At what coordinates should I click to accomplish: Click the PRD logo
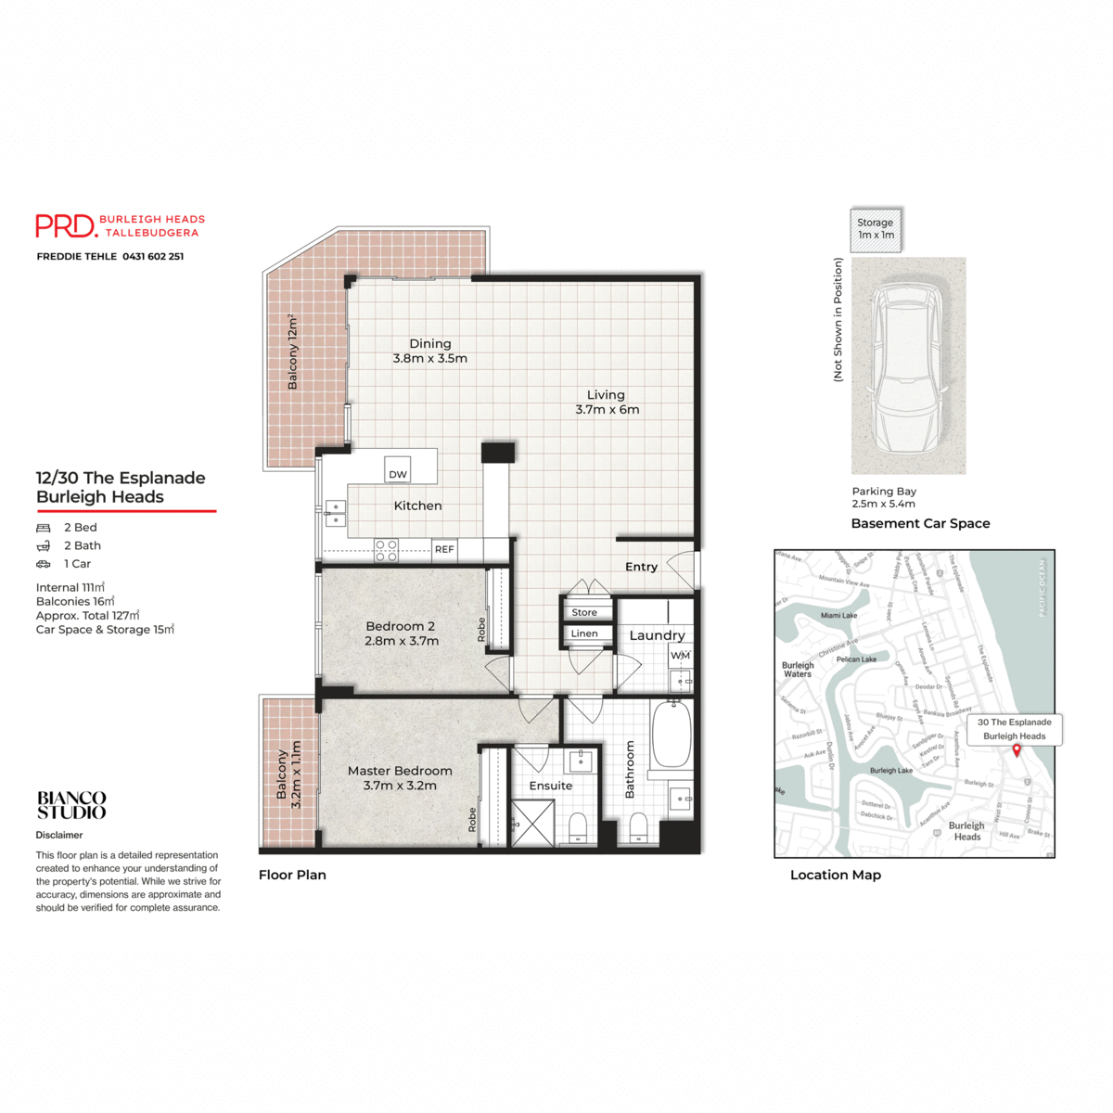pyautogui.click(x=66, y=225)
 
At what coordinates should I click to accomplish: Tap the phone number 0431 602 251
pyautogui.click(x=153, y=257)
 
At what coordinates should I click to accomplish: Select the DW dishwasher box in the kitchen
pyautogui.click(x=398, y=471)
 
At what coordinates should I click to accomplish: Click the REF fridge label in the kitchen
pyautogui.click(x=444, y=549)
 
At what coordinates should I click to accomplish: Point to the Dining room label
pyautogui.click(x=429, y=344)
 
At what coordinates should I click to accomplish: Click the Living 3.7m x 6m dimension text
pyautogui.click(x=607, y=410)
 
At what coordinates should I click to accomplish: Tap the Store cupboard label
pyautogui.click(x=584, y=612)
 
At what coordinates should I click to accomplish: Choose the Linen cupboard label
pyautogui.click(x=584, y=633)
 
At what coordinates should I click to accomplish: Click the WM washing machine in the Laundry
pyautogui.click(x=680, y=656)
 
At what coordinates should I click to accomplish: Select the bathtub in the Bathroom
pyautogui.click(x=671, y=735)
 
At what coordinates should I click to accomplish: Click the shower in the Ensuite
pyautogui.click(x=533, y=822)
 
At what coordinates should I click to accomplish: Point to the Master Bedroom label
pyautogui.click(x=400, y=771)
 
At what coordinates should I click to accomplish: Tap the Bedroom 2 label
pyautogui.click(x=400, y=626)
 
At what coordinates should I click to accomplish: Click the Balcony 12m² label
pyautogui.click(x=293, y=352)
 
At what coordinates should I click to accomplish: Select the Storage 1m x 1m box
pyautogui.click(x=875, y=229)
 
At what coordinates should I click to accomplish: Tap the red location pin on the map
pyautogui.click(x=1017, y=749)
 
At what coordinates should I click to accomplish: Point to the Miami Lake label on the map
pyautogui.click(x=838, y=615)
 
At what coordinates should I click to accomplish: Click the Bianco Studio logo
pyautogui.click(x=71, y=805)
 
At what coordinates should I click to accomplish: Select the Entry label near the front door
pyautogui.click(x=641, y=567)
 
